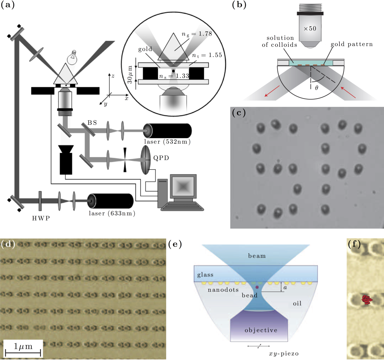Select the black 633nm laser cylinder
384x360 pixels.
[111, 202]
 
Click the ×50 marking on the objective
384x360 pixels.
[310, 29]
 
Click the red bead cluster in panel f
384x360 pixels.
[366, 300]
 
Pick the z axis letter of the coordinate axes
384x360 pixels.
[112, 75]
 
